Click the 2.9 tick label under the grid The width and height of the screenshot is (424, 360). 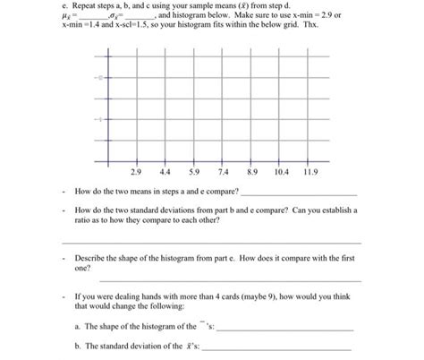click(x=136, y=171)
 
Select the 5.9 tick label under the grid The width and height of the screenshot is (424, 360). click(x=193, y=171)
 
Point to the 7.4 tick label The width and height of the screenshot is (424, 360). click(x=224, y=171)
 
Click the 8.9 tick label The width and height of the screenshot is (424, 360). click(x=253, y=171)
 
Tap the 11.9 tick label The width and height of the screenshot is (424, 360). click(x=311, y=171)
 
